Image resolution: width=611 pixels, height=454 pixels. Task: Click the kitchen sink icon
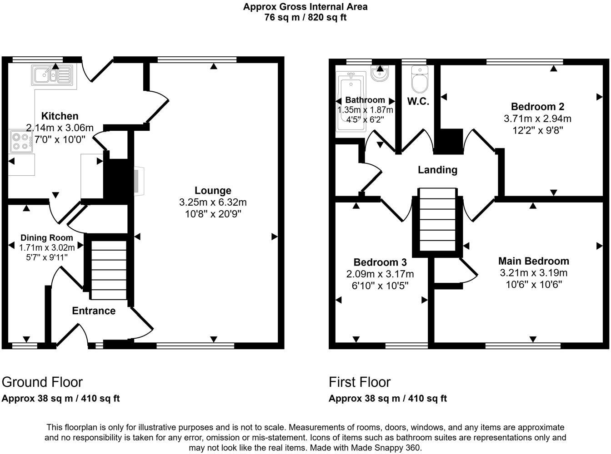click(52, 75)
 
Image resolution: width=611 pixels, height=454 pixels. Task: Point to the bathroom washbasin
click(379, 73)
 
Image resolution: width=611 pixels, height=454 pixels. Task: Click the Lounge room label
click(213, 191)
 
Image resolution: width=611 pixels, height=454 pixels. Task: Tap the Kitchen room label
click(60, 116)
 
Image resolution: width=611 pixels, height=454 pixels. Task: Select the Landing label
click(437, 170)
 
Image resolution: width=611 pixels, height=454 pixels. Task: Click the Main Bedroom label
click(533, 261)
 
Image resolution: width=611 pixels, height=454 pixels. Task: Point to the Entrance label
click(94, 311)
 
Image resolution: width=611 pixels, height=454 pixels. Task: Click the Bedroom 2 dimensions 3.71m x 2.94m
click(537, 119)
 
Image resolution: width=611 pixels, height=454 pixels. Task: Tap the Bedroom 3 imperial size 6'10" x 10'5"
click(380, 286)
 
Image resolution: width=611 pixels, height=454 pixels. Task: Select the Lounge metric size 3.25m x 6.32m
click(213, 202)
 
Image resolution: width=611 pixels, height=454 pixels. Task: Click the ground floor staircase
click(109, 270)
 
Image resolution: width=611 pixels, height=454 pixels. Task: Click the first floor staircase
click(437, 221)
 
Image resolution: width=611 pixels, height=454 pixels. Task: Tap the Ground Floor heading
click(42, 382)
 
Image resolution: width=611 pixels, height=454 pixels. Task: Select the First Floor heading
click(360, 382)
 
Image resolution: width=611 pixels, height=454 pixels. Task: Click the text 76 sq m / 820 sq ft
click(305, 18)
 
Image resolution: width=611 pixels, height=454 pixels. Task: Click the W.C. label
click(418, 101)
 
